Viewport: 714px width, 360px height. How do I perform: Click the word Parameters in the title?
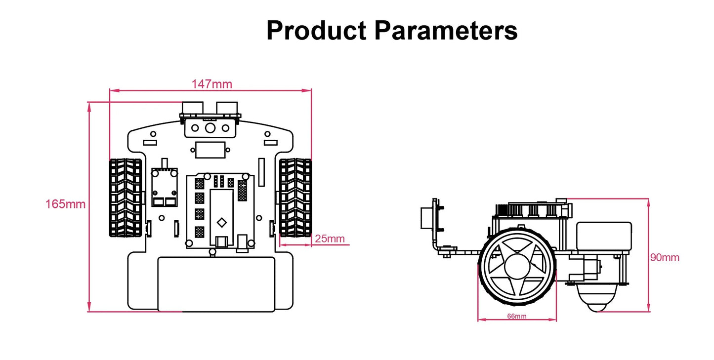[446, 31]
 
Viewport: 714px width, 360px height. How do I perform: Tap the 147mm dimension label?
[211, 84]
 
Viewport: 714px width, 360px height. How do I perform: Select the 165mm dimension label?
[65, 203]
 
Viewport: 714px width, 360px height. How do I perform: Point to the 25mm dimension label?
[330, 239]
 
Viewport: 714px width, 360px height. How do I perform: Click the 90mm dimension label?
[665, 257]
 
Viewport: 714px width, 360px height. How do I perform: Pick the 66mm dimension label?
[517, 316]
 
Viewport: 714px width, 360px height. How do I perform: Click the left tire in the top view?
[125, 198]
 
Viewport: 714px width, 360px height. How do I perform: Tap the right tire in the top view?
[295, 198]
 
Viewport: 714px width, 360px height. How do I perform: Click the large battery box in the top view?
[216, 284]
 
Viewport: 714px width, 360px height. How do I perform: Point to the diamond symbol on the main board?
[222, 222]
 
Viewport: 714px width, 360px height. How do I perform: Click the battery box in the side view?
[604, 237]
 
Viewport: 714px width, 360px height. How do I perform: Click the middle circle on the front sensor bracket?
[210, 128]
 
